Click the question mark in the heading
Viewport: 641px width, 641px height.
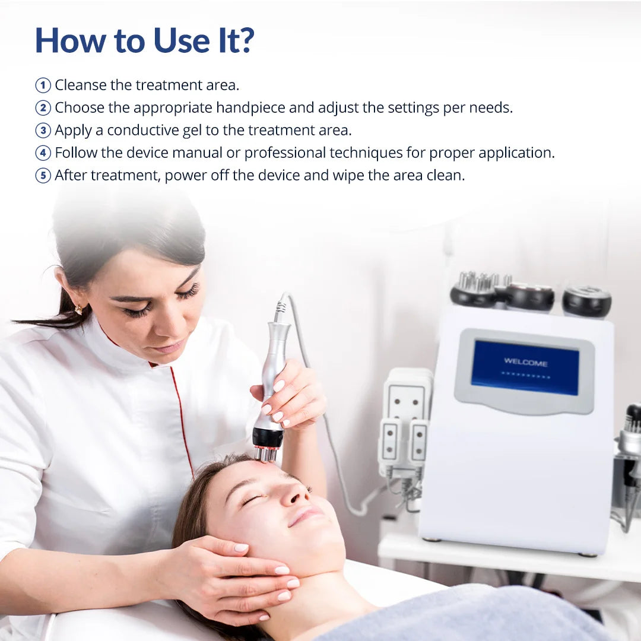click(245, 40)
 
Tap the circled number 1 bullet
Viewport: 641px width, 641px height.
click(43, 85)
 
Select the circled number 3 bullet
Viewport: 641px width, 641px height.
click(43, 131)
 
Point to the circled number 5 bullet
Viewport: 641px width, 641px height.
click(43, 176)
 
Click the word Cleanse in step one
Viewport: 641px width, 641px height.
click(80, 85)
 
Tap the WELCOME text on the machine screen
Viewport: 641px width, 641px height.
click(525, 362)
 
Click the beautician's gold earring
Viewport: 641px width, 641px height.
click(78, 309)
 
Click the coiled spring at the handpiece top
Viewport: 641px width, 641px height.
click(280, 307)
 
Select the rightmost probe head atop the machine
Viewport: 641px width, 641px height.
click(586, 301)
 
